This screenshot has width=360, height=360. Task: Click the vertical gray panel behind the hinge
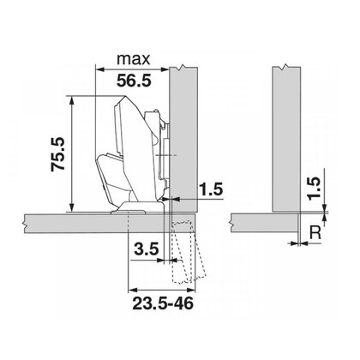point(183,129)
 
